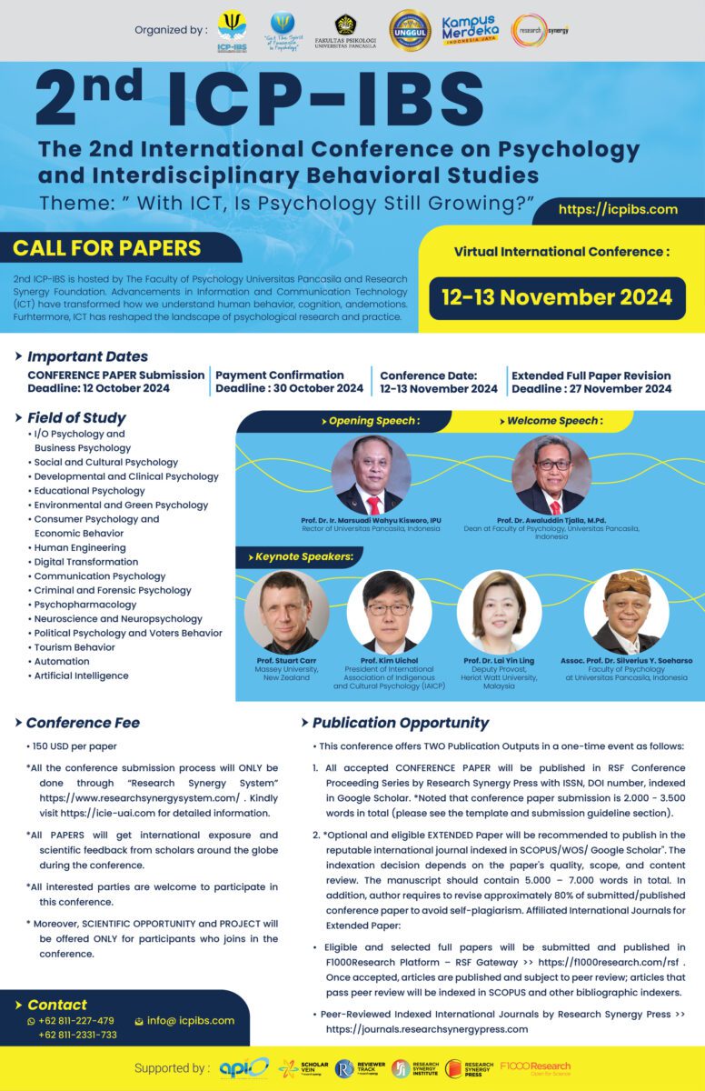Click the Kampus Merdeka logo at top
(470, 30)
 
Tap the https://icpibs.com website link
(618, 209)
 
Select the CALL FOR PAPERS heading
(107, 247)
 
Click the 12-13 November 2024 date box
(557, 297)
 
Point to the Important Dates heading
(87, 356)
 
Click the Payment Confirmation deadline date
(289, 388)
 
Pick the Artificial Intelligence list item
(81, 676)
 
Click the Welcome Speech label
(552, 421)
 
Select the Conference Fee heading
(83, 723)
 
